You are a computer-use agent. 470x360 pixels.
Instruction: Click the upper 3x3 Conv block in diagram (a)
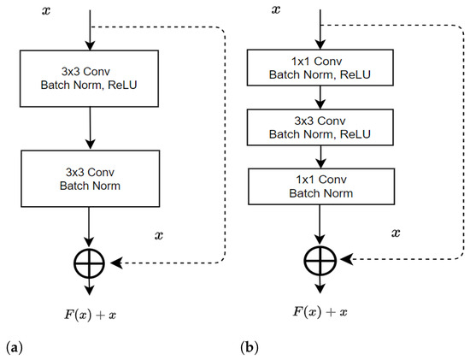pos(91,77)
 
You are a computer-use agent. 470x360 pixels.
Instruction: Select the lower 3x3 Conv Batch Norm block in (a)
pos(91,176)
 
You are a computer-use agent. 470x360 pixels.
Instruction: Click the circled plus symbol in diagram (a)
pos(91,263)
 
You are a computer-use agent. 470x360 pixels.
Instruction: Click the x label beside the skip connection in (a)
pos(161,233)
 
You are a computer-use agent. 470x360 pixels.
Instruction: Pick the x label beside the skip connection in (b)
pos(396,232)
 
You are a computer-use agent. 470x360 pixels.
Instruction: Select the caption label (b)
pos(249,349)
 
